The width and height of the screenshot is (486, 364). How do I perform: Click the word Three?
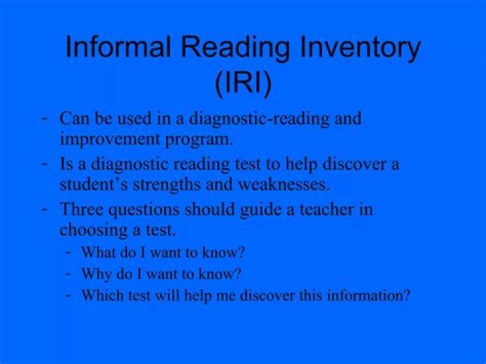click(x=80, y=209)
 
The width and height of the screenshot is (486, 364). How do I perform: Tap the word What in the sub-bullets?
click(x=97, y=253)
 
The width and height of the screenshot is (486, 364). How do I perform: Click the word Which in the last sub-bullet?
click(x=99, y=296)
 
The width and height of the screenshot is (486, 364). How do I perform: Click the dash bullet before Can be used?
click(x=44, y=118)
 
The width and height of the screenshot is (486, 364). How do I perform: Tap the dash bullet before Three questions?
click(x=44, y=208)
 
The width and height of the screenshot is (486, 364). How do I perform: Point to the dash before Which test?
click(x=69, y=294)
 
